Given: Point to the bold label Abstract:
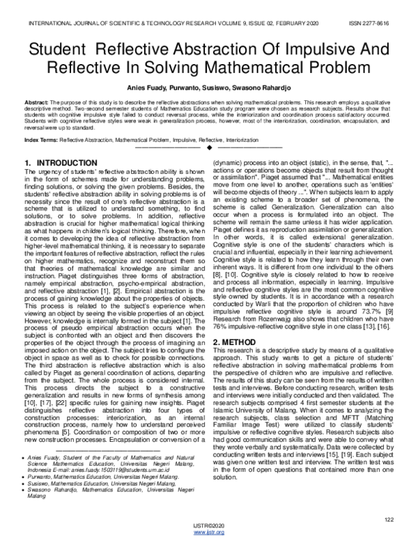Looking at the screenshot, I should pos(37,102).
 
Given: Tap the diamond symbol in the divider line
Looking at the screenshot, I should pos(209,148).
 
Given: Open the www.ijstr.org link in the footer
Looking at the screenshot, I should pos(209,533).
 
